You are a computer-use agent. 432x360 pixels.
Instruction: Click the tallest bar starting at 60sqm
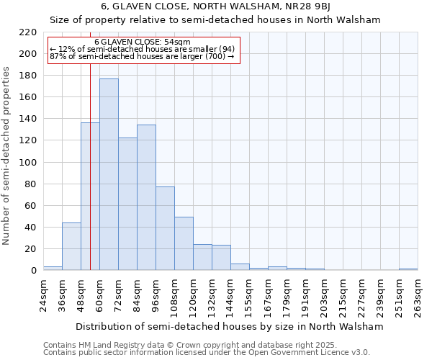pos(109,174)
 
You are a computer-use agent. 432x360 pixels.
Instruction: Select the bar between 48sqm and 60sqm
pos(90,197)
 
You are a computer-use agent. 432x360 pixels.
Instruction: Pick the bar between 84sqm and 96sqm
pos(146,197)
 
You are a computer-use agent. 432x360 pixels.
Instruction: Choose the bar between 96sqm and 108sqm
pos(165,228)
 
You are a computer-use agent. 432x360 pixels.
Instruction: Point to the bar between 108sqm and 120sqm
pos(184,243)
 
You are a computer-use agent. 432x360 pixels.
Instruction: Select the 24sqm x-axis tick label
pos(43,296)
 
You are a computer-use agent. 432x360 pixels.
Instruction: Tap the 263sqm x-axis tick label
pos(418,296)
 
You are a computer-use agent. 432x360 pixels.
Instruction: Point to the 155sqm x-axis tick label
pos(249,296)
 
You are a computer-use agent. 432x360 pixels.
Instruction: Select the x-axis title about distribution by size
pos(229,326)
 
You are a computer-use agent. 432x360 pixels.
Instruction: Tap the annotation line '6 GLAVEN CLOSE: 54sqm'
pos(143,42)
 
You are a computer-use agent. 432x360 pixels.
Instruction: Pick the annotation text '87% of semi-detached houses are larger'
pos(142,57)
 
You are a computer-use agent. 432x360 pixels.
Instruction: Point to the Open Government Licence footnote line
pos(207,352)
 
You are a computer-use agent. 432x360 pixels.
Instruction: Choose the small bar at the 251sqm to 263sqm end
pos(408,269)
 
